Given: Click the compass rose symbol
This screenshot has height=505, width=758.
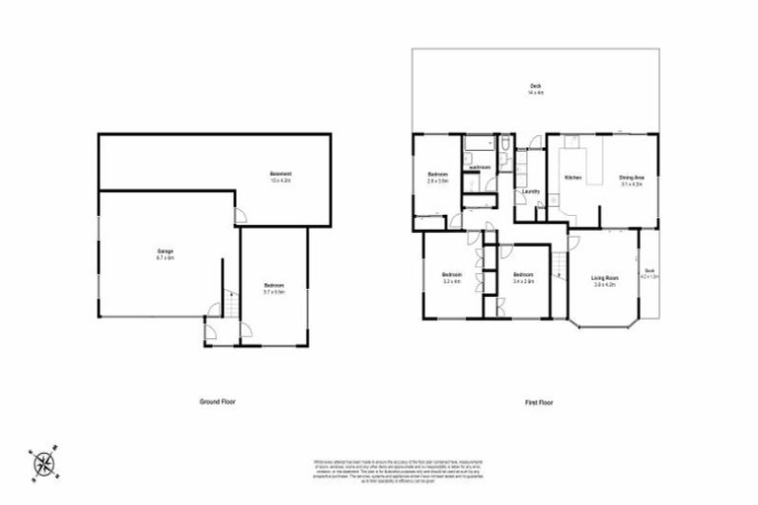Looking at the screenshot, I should pyautogui.click(x=43, y=463).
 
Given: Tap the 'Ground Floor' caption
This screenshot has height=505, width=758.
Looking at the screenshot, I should pyautogui.click(x=216, y=401).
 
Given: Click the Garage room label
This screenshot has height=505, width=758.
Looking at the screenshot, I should pyautogui.click(x=165, y=254).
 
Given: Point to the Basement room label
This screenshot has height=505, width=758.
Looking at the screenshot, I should pyautogui.click(x=279, y=178).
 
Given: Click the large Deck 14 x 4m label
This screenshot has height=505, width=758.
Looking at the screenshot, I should pyautogui.click(x=536, y=90).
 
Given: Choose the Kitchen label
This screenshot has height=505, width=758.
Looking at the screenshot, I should pyautogui.click(x=572, y=178).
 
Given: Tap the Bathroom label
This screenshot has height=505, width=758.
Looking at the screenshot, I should pyautogui.click(x=481, y=169).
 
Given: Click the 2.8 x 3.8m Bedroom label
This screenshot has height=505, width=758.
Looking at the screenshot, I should pyautogui.click(x=437, y=179).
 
